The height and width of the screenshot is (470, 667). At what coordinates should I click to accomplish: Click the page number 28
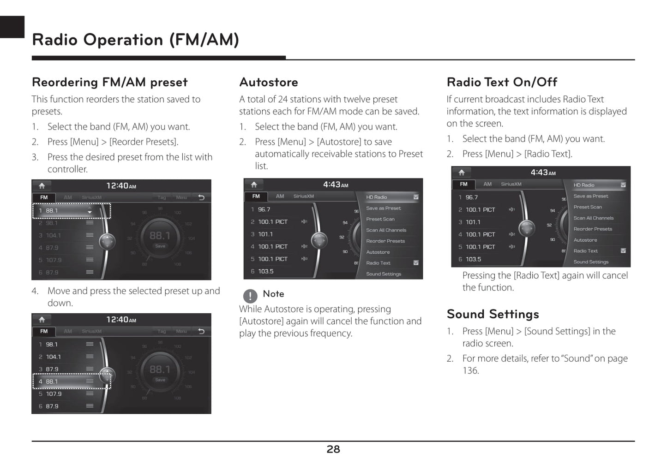click(x=333, y=449)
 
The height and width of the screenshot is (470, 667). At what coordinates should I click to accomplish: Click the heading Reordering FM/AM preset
click(x=109, y=82)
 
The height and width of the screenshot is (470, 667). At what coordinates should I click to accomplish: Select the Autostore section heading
click(x=269, y=82)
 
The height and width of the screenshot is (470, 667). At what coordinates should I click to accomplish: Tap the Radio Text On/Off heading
click(x=502, y=82)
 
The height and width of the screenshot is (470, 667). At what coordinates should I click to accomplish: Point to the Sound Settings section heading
click(x=493, y=314)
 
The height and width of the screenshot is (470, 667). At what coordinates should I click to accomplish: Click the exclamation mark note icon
click(x=250, y=295)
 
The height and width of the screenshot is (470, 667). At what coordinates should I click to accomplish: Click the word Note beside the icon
click(x=273, y=294)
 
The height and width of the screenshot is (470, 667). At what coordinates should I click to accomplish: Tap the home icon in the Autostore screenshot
click(x=254, y=184)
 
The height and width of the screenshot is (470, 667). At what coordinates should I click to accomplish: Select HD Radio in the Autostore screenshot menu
click(x=377, y=197)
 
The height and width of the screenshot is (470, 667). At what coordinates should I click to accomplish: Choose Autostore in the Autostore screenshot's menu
click(x=378, y=252)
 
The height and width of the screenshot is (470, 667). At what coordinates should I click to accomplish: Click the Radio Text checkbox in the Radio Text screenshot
click(x=623, y=251)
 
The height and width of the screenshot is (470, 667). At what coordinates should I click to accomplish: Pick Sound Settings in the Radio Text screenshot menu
click(x=591, y=262)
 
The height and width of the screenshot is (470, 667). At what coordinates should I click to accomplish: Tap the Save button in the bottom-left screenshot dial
click(x=160, y=380)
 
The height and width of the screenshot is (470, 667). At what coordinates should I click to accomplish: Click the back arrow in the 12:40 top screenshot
click(x=201, y=197)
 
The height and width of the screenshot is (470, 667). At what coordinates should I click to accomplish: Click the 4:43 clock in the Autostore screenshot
click(x=336, y=184)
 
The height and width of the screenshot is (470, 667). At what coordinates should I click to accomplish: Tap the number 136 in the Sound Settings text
click(x=470, y=370)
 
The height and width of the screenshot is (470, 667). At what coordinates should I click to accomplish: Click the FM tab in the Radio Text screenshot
click(x=463, y=184)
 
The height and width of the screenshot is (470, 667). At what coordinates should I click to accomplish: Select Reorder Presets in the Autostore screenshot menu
click(x=385, y=241)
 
